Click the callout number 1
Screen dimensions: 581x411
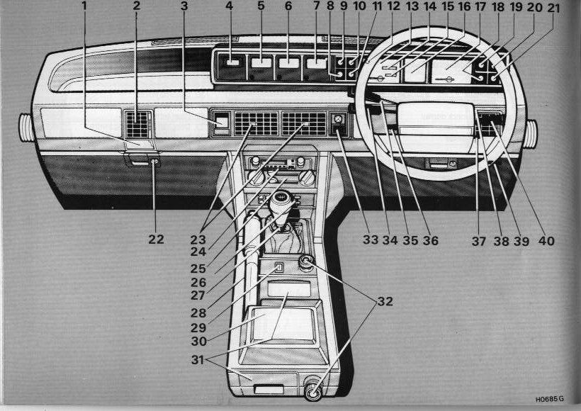pos(84,6)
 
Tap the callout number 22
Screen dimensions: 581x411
pos(156,240)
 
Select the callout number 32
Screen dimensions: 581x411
pos(385,301)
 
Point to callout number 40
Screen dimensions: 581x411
pos(546,241)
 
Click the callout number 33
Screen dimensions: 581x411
pos(371,240)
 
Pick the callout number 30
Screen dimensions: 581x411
pos(199,341)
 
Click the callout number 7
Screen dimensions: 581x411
pos(316,6)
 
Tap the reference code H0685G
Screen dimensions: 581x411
pos(550,400)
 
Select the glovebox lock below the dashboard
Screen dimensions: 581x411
pos(154,162)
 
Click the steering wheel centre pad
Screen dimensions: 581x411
pos(436,119)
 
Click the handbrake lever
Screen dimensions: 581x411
pos(252,256)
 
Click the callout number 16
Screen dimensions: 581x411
pos(464,6)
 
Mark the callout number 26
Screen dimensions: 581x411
pos(198,283)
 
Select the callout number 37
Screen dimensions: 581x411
pos(478,241)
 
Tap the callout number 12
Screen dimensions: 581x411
pos(393,6)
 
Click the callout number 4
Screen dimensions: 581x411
pos(229,6)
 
